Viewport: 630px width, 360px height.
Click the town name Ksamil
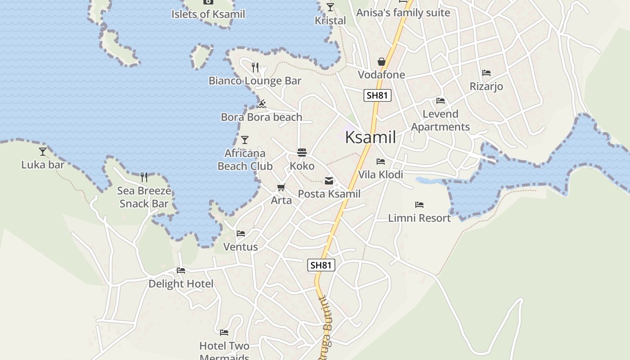[370, 137]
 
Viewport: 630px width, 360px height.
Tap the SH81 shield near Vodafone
[377, 95]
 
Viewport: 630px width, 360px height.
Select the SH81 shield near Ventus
[321, 265]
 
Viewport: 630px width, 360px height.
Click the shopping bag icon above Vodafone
[382, 62]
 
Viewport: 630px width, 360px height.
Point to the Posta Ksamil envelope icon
[329, 181]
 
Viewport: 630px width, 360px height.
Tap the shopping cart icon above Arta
[281, 187]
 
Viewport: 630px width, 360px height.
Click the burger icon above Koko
[301, 153]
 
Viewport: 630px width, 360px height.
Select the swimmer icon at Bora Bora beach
[261, 104]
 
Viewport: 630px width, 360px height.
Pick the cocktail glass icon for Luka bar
[43, 152]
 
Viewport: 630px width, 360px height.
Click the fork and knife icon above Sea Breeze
[144, 177]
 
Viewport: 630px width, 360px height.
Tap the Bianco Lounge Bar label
[255, 81]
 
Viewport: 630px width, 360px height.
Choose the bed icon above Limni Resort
[419, 205]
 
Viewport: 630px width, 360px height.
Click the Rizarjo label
[486, 86]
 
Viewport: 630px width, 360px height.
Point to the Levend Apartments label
[440, 121]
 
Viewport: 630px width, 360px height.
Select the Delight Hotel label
[181, 284]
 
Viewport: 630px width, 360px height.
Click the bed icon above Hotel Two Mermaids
[224, 333]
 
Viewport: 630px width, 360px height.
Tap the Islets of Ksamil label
[208, 14]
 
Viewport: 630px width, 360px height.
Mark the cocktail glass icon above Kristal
[330, 7]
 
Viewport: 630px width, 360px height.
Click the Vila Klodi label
[380, 175]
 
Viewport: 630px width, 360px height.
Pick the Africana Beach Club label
[245, 160]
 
